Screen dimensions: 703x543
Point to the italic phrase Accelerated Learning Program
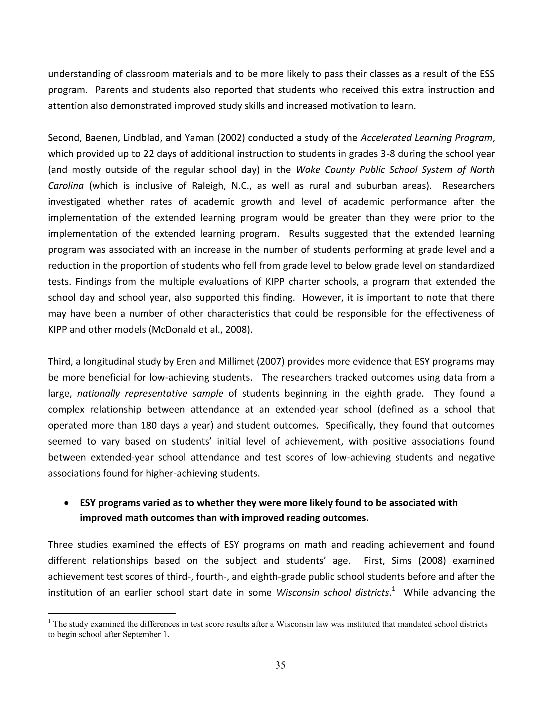[426, 138]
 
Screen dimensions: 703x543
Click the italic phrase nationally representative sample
[150, 394]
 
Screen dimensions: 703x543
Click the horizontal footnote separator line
[112, 614]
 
